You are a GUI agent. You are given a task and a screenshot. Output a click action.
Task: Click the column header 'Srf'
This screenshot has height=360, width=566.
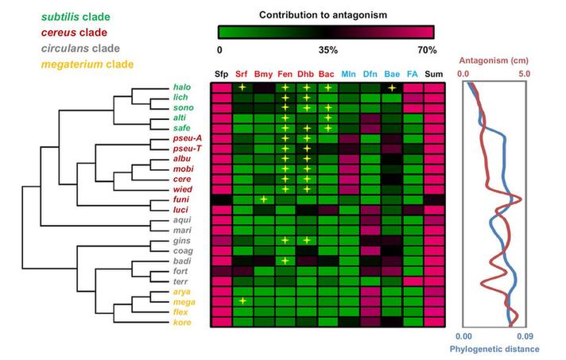point(242,74)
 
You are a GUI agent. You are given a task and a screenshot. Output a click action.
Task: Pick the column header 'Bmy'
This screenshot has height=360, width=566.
point(263,74)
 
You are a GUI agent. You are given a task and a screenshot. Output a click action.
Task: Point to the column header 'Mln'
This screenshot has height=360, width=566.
point(348,74)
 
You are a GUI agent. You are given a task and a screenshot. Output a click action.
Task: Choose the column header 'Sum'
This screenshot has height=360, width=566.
point(433,74)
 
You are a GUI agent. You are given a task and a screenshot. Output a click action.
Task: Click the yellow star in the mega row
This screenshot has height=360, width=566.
point(242,301)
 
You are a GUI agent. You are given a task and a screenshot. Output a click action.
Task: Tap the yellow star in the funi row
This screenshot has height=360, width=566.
point(263,199)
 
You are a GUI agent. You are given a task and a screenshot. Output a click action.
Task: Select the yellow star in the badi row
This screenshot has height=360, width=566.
point(285,260)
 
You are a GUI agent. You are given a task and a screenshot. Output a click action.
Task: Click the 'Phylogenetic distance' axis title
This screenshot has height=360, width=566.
point(495,349)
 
